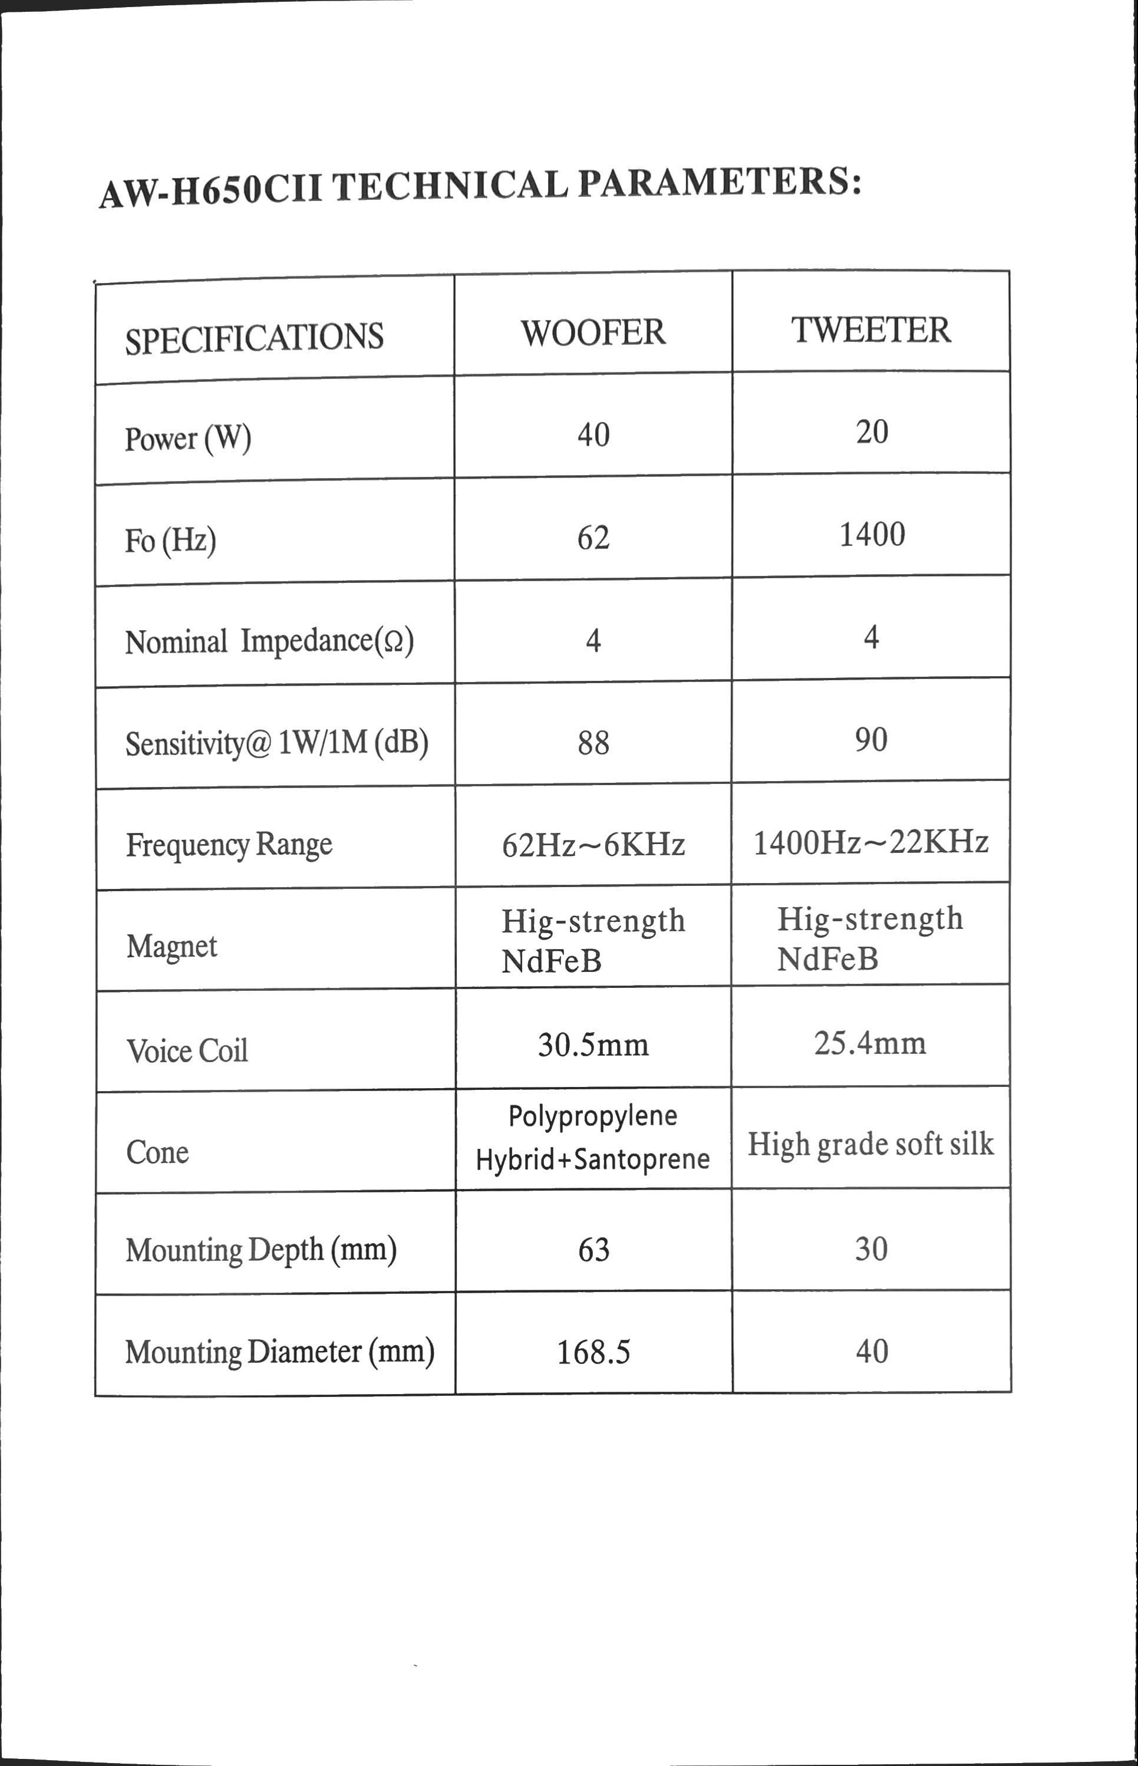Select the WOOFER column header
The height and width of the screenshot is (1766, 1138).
tap(593, 332)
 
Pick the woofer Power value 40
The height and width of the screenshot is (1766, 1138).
tap(593, 434)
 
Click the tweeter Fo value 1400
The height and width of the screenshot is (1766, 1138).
tap(872, 534)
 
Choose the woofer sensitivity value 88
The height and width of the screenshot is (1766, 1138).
tap(593, 742)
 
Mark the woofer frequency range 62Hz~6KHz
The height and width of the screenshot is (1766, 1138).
tap(593, 845)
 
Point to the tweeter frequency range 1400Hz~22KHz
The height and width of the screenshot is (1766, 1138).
tap(870, 842)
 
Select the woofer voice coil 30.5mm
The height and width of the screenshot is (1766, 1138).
tap(593, 1045)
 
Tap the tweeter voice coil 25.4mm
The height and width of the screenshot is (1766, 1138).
tap(870, 1043)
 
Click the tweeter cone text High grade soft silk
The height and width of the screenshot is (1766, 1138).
tap(870, 1144)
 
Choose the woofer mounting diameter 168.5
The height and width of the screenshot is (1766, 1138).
tap(593, 1352)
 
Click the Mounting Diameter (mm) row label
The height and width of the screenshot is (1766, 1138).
tap(279, 1352)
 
